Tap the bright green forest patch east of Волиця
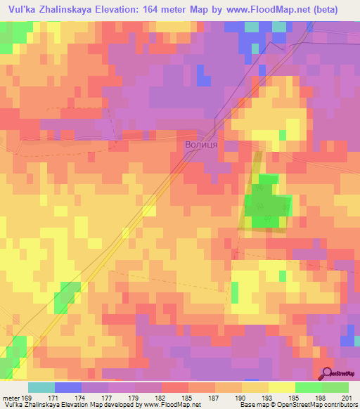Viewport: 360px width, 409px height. click(267, 205)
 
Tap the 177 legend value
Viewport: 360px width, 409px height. click(108, 397)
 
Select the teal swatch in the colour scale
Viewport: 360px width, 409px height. click(41, 387)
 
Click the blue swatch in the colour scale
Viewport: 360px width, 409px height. click(68, 387)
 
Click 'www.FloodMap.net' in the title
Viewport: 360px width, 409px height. click(268, 10)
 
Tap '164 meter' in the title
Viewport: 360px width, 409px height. click(162, 10)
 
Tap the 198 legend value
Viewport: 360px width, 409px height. click(321, 397)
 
